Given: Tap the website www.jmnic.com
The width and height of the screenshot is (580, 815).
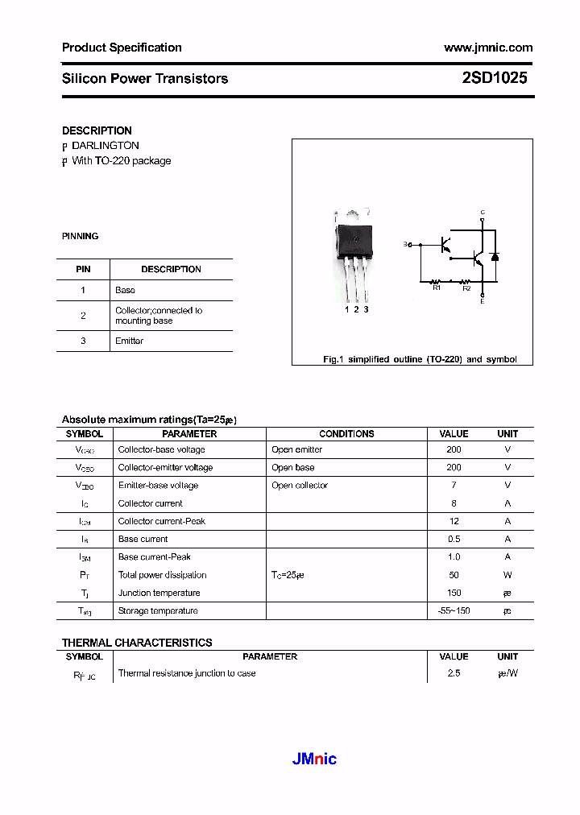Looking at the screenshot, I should [x=487, y=48].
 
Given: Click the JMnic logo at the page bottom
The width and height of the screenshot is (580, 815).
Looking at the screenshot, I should [x=313, y=759].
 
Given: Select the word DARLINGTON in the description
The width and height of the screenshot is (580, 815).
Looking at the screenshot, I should [x=105, y=146].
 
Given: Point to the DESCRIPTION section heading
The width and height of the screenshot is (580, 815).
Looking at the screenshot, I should [x=97, y=130].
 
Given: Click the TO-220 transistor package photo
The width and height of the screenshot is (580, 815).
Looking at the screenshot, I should [x=354, y=254].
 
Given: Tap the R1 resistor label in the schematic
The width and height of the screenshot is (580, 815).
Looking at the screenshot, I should [x=437, y=288].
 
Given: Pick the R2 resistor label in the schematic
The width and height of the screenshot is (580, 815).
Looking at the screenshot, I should [x=466, y=288].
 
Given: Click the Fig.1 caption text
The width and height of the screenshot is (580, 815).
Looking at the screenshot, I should [x=420, y=359].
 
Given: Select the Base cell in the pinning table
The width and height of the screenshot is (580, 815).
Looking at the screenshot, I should [x=125, y=290].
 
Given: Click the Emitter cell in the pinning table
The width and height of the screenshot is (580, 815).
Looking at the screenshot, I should [x=129, y=341].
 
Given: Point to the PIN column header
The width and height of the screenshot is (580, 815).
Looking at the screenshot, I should [x=83, y=269].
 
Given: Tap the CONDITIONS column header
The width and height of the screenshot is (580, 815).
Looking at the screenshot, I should [x=346, y=433].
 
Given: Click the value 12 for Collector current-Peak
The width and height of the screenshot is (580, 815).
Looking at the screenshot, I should [x=454, y=521].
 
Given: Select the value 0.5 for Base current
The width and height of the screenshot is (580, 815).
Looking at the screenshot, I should [x=454, y=539].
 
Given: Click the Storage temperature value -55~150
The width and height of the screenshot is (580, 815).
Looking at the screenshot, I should [x=454, y=610].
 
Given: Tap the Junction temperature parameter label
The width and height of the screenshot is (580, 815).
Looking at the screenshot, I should [x=159, y=593].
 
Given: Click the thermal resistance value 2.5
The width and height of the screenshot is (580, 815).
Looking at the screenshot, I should [x=454, y=672].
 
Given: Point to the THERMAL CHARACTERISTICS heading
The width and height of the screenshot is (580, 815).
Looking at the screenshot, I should [x=137, y=643].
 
